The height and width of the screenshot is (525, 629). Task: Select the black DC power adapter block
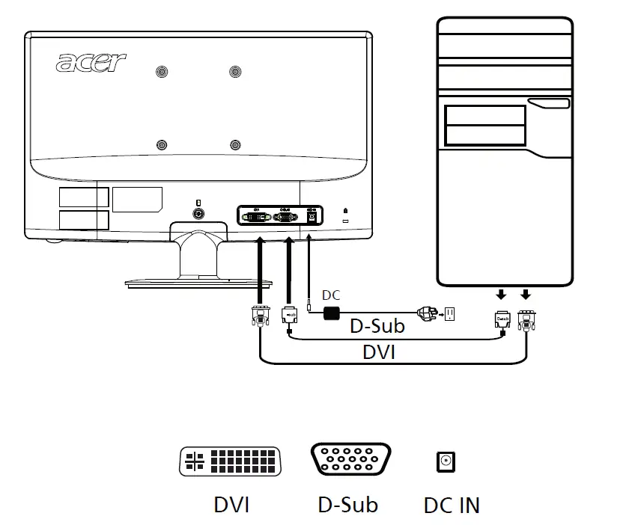click(x=331, y=311)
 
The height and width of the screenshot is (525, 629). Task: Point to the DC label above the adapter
click(x=331, y=296)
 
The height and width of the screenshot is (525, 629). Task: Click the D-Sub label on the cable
click(x=378, y=327)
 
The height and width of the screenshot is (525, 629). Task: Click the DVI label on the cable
click(x=379, y=352)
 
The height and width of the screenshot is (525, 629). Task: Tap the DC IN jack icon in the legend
click(x=446, y=462)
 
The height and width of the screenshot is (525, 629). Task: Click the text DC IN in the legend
click(x=452, y=505)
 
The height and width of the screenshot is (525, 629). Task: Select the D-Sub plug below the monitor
click(x=289, y=316)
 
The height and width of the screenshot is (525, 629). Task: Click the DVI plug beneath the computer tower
click(x=526, y=320)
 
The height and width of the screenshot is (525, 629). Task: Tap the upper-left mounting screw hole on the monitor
click(x=161, y=72)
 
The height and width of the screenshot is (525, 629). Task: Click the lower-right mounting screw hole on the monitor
click(x=236, y=144)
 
